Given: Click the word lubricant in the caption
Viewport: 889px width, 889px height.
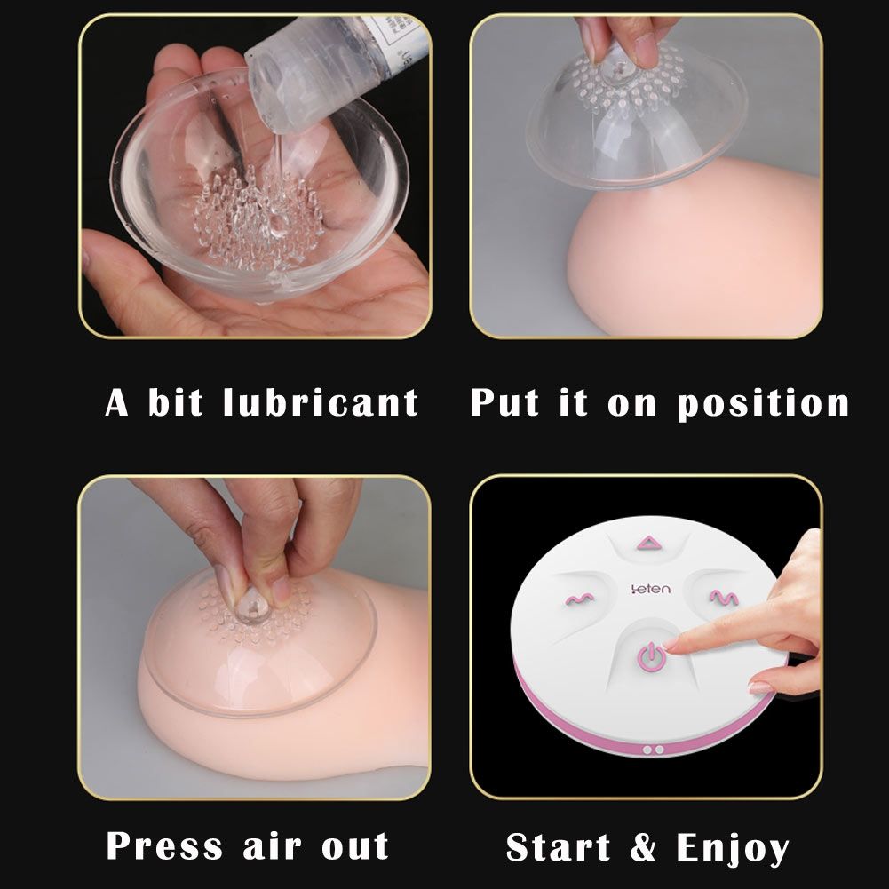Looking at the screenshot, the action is pyautogui.click(x=321, y=402).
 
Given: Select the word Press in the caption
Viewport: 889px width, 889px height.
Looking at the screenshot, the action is pyautogui.click(x=164, y=845).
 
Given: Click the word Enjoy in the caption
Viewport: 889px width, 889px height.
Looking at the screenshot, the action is pyautogui.click(x=733, y=849).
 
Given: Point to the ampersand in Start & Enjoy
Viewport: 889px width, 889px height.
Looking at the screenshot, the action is pyautogui.click(x=644, y=847).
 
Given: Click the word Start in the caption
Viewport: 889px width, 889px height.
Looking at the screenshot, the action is pyautogui.click(x=559, y=847).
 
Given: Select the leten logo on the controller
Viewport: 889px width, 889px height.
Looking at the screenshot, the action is pyautogui.click(x=650, y=589).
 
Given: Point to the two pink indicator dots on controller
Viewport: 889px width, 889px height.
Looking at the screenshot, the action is pyautogui.click(x=653, y=750).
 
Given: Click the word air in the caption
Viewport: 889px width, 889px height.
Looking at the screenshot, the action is pyautogui.click(x=272, y=846).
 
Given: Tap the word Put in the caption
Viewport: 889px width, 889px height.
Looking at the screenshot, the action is pyautogui.click(x=505, y=402).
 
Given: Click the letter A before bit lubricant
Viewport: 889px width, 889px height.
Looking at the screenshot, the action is pyautogui.click(x=117, y=402).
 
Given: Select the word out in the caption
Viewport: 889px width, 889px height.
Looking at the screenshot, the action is pyautogui.click(x=355, y=847).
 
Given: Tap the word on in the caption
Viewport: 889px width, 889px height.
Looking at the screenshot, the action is pyautogui.click(x=631, y=405).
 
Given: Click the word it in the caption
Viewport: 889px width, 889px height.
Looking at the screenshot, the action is pyautogui.click(x=573, y=402).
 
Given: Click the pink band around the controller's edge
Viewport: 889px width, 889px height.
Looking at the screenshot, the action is pyautogui.click(x=647, y=732).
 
